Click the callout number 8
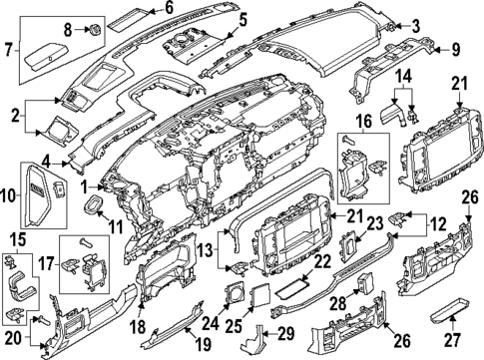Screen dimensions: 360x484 click(x=69, y=31)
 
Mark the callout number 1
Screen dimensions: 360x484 click(x=87, y=185)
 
